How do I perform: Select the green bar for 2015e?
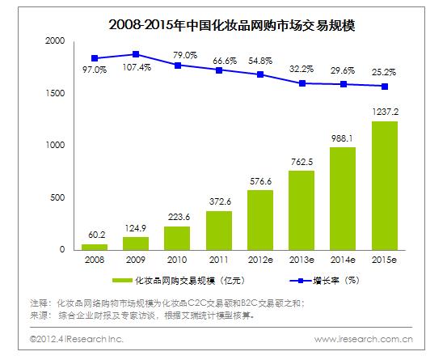click(384, 185)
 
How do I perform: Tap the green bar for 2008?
click(94, 246)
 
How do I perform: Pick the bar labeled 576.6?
click(259, 219)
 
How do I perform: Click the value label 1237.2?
click(384, 110)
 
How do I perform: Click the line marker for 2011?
click(218, 70)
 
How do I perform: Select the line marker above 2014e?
click(343, 84)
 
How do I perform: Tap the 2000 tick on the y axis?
click(55, 40)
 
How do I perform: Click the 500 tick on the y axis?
click(57, 197)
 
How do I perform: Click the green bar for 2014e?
click(343, 198)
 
